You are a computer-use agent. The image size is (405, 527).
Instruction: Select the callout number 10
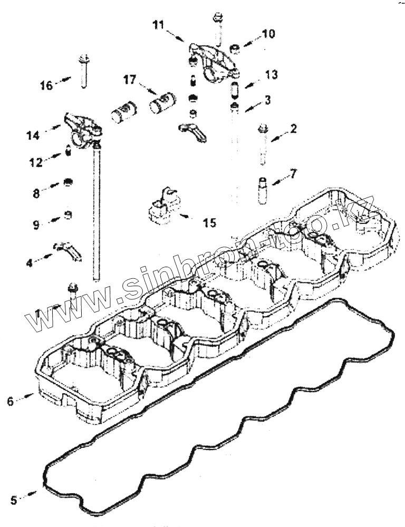[268, 34]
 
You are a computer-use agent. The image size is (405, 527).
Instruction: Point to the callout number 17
[130, 80]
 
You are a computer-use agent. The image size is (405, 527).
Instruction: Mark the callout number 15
[209, 223]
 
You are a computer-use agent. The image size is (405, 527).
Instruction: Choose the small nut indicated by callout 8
[67, 183]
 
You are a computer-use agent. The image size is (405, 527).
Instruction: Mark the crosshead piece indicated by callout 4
[67, 249]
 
